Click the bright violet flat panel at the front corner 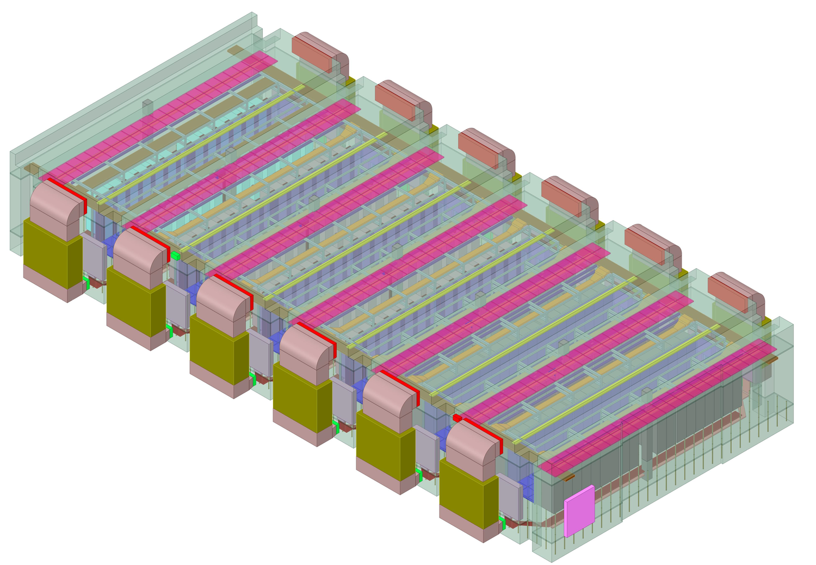[579, 511]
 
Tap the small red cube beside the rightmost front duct [457, 418]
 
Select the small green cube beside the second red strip [175, 255]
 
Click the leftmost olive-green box [46, 253]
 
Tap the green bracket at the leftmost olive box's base [86, 283]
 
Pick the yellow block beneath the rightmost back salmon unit [766, 322]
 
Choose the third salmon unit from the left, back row [478, 149]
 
